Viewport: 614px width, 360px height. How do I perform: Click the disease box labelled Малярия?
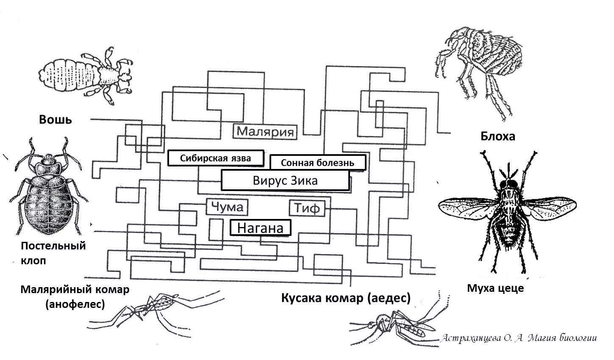tap(265, 131)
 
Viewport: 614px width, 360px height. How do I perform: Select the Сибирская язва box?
tap(216, 158)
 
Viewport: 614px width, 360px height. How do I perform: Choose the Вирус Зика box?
tap(285, 181)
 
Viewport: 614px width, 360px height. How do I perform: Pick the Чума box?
tap(227, 207)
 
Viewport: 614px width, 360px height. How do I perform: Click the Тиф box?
tap(307, 208)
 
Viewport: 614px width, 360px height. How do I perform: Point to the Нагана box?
tap(260, 228)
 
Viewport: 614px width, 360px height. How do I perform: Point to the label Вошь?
tap(56, 119)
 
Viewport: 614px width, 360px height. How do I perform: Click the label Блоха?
tap(497, 136)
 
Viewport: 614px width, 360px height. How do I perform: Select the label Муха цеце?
tap(495, 288)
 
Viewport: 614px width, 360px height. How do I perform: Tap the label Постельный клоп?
tap(53, 253)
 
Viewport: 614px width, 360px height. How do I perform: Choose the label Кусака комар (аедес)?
tap(346, 298)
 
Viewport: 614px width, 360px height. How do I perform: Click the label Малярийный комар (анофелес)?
tap(75, 296)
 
